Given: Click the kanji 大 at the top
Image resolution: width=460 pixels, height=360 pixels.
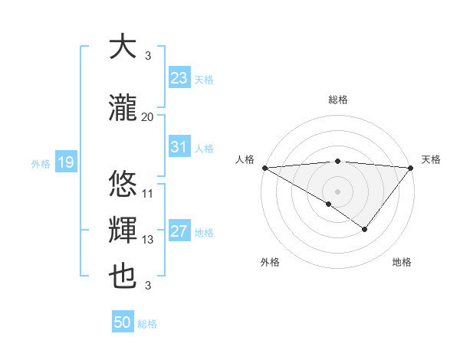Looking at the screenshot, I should pos(123,47).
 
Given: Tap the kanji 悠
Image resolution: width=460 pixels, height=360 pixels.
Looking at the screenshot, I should pos(123,185).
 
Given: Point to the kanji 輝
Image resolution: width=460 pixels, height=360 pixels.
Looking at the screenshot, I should pos(123,231).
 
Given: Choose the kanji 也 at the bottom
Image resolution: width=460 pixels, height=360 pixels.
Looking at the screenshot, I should pos(123,276).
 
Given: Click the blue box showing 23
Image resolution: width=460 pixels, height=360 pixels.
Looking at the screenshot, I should pos(179,78).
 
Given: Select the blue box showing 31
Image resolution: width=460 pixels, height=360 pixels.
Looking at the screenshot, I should pos(179,147).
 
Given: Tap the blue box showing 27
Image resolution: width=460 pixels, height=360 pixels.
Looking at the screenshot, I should pos(179,231).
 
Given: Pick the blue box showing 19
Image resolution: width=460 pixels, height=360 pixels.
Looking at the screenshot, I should pos(65,162).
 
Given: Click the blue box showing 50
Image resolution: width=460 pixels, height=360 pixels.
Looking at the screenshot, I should pos(123,322).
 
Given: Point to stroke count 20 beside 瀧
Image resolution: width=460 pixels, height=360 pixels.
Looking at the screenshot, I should pos(147,117).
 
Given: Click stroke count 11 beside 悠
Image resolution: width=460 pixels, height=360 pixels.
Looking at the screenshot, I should pos(147,194).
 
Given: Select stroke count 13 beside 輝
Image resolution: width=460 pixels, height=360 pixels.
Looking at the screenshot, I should pos(147,240).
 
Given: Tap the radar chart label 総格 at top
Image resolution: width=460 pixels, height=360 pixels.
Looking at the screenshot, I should pos(337,100).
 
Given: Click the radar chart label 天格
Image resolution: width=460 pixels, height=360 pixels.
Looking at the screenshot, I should pos(431,159).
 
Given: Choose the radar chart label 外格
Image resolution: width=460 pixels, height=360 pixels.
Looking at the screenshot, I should pos(270,262).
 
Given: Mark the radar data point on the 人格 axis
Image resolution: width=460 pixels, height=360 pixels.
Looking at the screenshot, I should pos(264,168).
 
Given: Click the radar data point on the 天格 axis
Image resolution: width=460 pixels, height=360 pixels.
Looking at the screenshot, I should pos(411,168).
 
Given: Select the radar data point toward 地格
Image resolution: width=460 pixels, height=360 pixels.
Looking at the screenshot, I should pos(365,228).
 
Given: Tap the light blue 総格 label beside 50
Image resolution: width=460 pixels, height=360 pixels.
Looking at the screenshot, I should pos(147,324).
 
